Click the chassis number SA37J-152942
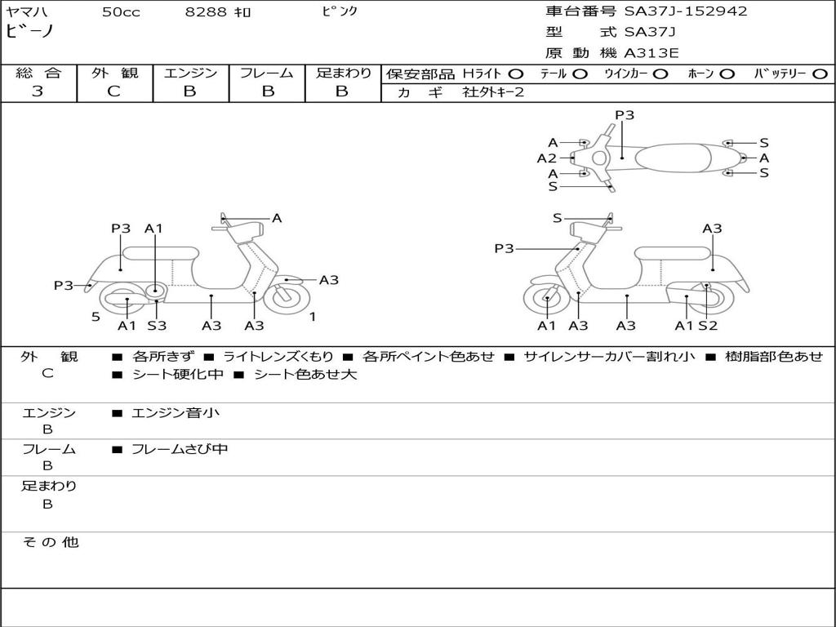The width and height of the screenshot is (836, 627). (x=686, y=11)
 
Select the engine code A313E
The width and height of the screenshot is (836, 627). (x=651, y=53)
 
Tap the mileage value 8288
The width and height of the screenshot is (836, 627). (x=206, y=11)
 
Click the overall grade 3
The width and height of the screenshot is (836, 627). (x=38, y=91)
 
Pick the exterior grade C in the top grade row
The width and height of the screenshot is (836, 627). (x=113, y=91)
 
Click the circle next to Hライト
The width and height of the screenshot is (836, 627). (x=516, y=73)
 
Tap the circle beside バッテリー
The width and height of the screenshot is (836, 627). (x=820, y=73)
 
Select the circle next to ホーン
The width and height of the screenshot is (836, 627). (x=727, y=73)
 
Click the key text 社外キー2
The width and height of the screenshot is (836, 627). (x=493, y=92)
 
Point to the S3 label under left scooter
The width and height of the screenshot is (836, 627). (x=157, y=325)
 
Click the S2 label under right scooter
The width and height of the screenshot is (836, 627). (x=708, y=325)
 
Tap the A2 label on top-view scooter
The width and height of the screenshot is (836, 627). (x=546, y=158)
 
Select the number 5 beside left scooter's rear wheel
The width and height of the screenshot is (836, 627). (x=96, y=317)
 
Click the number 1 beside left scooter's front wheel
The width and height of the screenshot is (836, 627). (x=313, y=317)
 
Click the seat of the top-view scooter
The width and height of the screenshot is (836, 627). (x=673, y=158)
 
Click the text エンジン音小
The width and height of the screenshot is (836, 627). (x=176, y=412)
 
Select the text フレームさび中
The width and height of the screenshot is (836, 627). (x=180, y=449)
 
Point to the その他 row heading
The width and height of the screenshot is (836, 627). (x=51, y=542)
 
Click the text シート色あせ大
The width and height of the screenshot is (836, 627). (x=305, y=374)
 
